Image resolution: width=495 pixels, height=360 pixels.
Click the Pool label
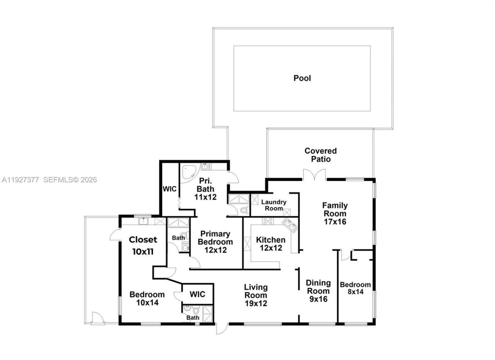302,78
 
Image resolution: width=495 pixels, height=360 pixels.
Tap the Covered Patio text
320,155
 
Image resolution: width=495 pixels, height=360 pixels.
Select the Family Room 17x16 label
335,213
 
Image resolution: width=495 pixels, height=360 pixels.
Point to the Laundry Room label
273,205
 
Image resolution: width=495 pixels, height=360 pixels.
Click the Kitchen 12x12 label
270,244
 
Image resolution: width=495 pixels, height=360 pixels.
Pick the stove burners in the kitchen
268,221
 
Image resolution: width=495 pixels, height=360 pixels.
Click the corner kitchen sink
289,225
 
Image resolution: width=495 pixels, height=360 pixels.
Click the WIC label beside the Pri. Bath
169,189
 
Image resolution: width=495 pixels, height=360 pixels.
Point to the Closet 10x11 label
143,245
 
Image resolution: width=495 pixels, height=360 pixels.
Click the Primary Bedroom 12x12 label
215,242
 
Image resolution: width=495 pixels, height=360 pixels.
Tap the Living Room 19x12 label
255,295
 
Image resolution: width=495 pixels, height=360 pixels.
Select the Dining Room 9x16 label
318,291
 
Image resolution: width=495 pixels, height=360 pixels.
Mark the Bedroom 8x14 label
355,288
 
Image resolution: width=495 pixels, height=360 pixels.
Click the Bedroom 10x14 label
147,298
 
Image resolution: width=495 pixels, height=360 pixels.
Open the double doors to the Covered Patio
314,175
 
